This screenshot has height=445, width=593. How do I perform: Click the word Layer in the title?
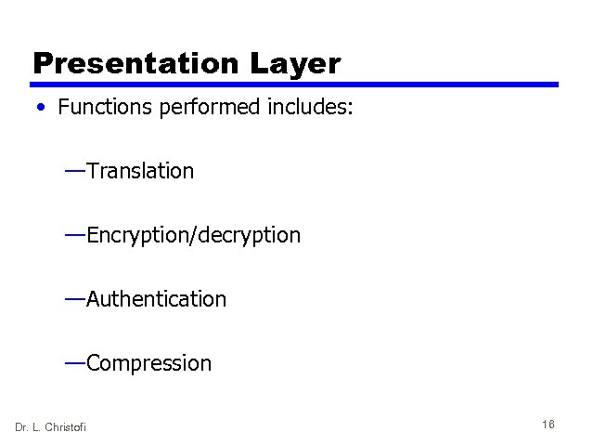[x=296, y=63]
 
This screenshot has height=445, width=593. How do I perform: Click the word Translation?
[x=140, y=171]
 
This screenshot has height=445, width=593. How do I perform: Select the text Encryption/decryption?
[x=193, y=236]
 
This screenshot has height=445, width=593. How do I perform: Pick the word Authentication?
[x=156, y=299]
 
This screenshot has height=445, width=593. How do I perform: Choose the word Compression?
[x=148, y=363]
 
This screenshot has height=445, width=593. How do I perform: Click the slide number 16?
[x=548, y=425]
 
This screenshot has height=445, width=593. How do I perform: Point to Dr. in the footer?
[x=21, y=426]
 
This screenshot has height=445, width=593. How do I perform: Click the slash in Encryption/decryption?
[x=191, y=236]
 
